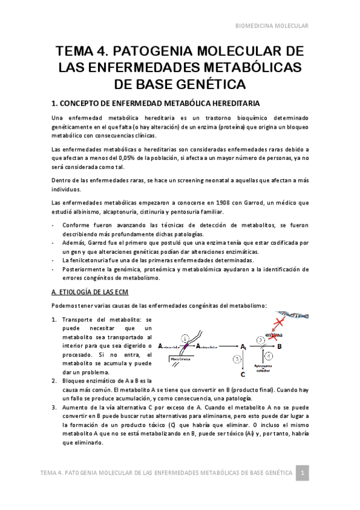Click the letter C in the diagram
(242, 375)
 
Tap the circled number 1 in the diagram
(185, 338)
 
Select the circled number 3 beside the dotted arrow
(237, 359)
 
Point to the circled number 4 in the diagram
(269, 356)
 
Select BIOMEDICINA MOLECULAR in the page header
(271, 26)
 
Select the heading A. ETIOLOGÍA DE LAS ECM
(87, 292)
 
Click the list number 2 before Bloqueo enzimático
(55, 381)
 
